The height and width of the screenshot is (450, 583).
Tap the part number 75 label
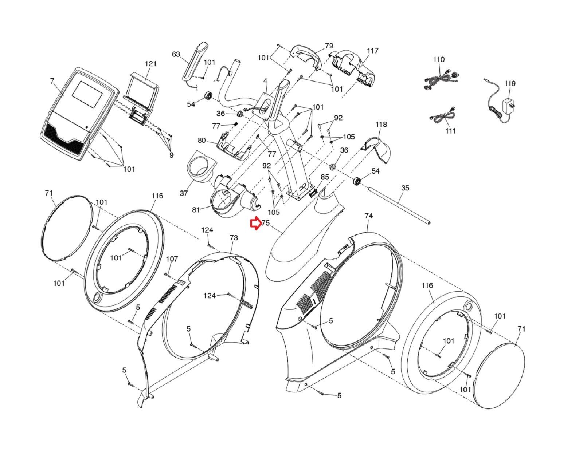[x=265, y=223]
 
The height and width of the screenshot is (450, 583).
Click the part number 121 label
[x=150, y=64]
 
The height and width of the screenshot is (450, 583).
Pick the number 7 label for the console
[x=52, y=80]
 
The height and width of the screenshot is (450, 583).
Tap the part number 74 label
[x=368, y=216]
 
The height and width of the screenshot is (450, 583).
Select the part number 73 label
[x=234, y=238]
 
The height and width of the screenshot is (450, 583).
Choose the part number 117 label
[x=372, y=51]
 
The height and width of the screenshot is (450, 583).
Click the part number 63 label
[x=176, y=55]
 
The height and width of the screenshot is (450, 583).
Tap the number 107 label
[x=172, y=259]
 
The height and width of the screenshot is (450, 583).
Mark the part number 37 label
[x=184, y=193]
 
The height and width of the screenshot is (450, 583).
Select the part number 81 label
[x=196, y=210]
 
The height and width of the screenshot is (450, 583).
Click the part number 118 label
[x=381, y=125]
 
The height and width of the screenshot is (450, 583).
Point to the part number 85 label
[x=324, y=177]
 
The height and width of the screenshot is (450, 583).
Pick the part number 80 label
[x=201, y=141]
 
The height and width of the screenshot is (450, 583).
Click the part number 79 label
[x=329, y=46]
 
